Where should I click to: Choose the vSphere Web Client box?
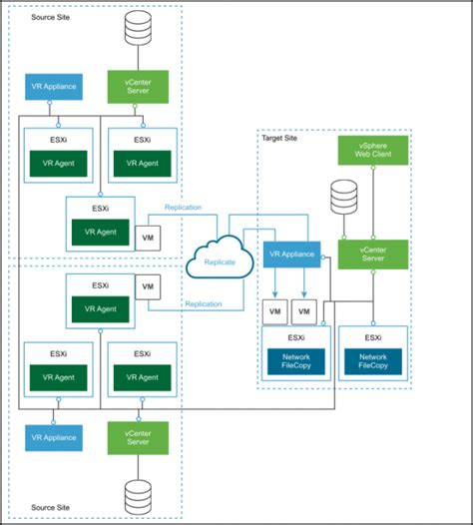[x=372, y=152]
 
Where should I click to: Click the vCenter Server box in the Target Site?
[x=372, y=254]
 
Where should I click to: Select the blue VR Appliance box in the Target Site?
[x=291, y=255]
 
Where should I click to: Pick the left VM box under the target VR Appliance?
[x=274, y=311]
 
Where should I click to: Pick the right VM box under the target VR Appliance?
[x=305, y=311]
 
